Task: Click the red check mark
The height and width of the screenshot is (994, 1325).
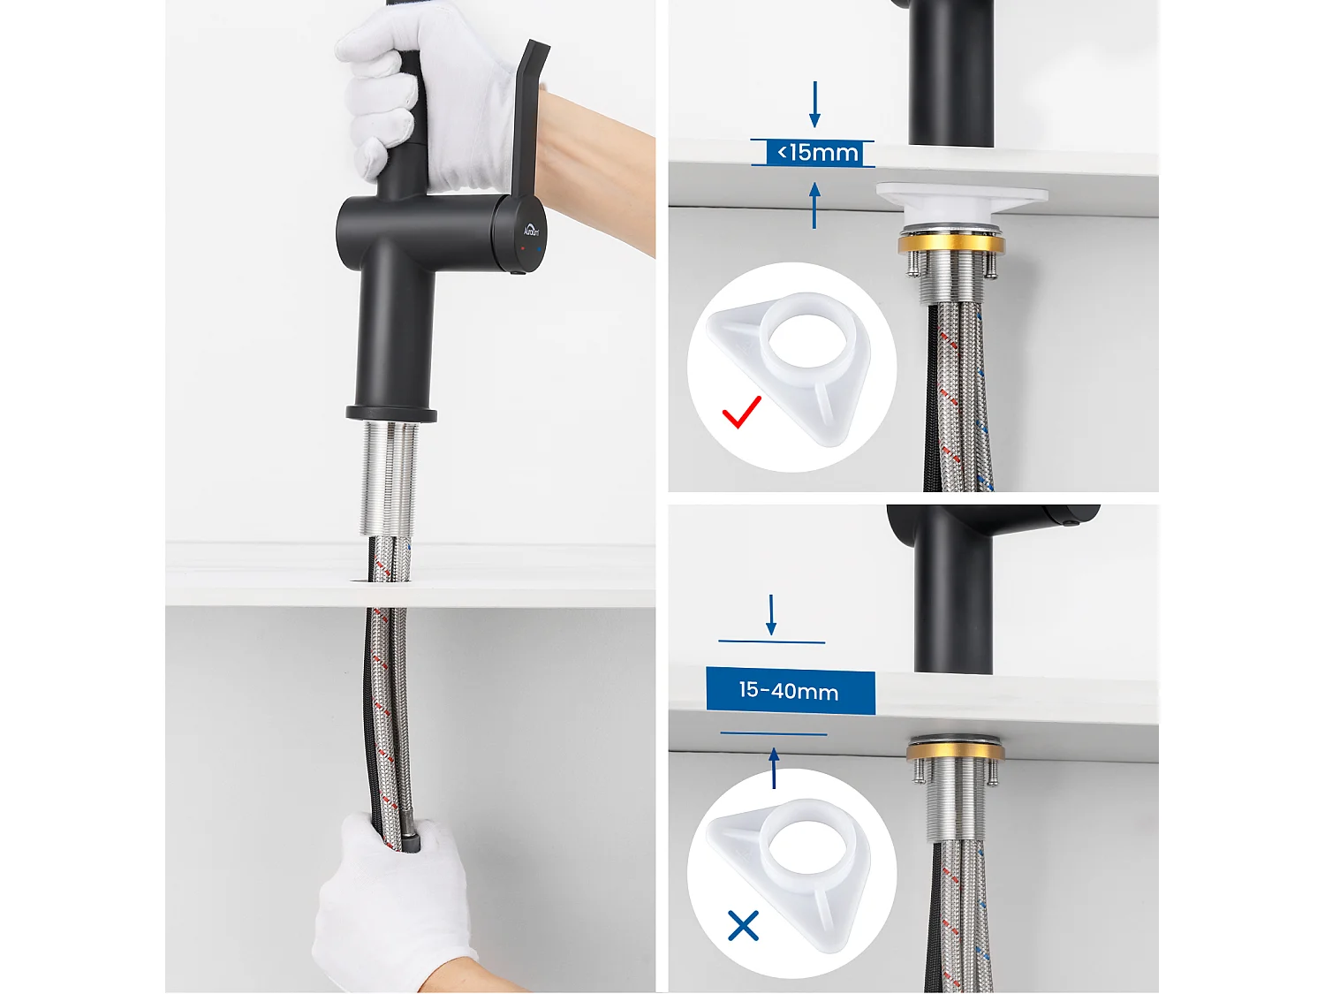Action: click(x=741, y=413)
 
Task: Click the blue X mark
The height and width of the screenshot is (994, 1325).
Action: click(x=743, y=926)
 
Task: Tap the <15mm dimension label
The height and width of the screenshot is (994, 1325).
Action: click(x=817, y=153)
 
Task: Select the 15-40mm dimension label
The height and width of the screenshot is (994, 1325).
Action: click(x=790, y=691)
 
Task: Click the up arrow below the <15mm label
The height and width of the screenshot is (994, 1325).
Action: click(x=814, y=205)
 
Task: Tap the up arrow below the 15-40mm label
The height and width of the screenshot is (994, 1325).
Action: click(x=775, y=767)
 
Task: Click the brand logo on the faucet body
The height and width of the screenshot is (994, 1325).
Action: click(x=531, y=231)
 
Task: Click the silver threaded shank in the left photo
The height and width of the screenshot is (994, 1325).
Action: click(x=389, y=477)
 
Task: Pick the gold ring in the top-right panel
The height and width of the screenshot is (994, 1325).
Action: click(x=951, y=245)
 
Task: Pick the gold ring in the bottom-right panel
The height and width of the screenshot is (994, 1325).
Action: click(x=955, y=752)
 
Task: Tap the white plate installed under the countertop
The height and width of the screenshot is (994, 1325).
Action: click(x=961, y=197)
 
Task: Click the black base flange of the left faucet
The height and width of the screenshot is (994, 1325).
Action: click(x=391, y=414)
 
